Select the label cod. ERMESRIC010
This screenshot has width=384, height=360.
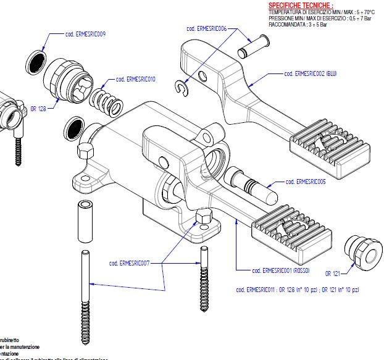(x=135, y=80)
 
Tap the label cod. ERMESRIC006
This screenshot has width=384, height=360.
(x=207, y=28)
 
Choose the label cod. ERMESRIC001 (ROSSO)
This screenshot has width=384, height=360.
(x=280, y=270)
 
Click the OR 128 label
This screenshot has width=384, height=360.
(x=38, y=108)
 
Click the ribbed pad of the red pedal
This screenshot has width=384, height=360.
(x=287, y=233)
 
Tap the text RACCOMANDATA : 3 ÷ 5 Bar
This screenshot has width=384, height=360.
(x=294, y=24)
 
